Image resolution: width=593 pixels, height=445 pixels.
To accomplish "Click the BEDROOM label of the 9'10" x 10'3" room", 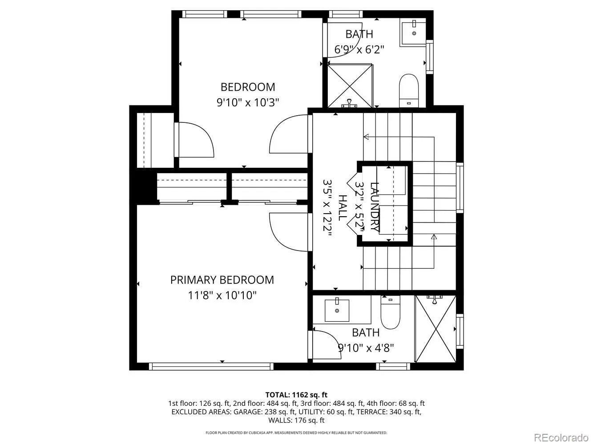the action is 248,87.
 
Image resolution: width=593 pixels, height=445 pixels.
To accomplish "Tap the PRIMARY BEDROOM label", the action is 222,280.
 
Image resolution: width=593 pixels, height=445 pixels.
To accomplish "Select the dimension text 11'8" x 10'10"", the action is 222,295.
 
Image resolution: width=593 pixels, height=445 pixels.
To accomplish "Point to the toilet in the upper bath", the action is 409,90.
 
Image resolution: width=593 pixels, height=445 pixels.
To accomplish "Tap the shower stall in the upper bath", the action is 350,85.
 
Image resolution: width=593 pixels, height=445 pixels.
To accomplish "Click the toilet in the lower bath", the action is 390,312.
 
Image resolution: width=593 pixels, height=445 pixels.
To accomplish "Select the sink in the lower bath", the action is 337,310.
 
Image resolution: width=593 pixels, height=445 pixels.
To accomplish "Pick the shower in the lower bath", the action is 435,328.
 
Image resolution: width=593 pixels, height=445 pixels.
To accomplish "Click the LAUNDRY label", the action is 375,206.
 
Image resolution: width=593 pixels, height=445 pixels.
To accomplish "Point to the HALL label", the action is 342,208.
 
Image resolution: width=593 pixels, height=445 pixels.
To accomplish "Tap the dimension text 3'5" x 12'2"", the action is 327,208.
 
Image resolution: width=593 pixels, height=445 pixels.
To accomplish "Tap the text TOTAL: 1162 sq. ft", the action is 296,395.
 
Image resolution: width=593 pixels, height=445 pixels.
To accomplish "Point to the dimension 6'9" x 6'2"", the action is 359,49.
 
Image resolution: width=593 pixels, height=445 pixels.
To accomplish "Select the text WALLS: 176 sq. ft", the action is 296,420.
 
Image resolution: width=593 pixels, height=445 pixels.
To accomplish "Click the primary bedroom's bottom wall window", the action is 211,366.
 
